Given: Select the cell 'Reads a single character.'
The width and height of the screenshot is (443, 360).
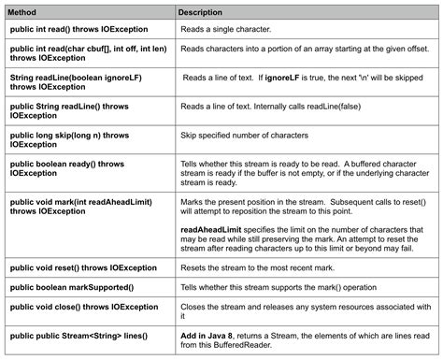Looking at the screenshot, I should (227, 31).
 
